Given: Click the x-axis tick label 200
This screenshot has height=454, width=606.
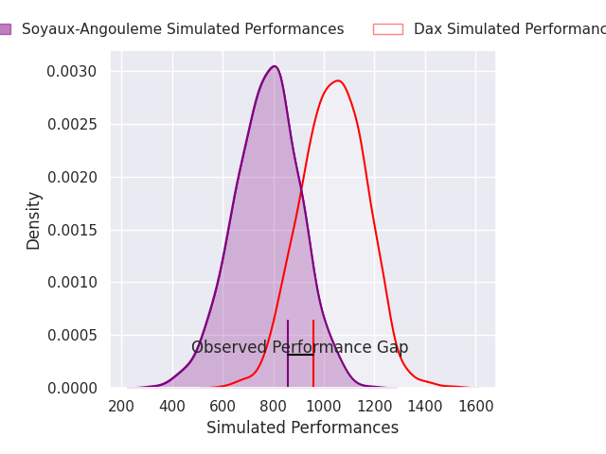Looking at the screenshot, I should tap(121, 406).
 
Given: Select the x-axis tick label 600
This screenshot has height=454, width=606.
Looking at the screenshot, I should tap(223, 406).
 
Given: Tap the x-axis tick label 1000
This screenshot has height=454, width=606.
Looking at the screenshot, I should tap(324, 406).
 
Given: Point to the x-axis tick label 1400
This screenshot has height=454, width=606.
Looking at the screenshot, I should tap(425, 406).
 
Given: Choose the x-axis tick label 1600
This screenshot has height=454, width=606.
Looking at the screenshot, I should tap(475, 406).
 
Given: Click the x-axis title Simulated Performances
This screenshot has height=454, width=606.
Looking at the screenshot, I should tap(302, 428).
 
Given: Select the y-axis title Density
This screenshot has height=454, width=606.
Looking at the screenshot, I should tap(34, 219).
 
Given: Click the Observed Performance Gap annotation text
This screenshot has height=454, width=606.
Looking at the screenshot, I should tap(299, 348).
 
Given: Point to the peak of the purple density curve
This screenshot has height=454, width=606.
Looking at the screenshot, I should tap(275, 66).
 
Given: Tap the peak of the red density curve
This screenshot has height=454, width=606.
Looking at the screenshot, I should tap(337, 80).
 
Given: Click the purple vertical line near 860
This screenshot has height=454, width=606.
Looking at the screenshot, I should tap(288, 369).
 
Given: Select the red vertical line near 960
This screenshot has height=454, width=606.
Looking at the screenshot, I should tap(313, 369).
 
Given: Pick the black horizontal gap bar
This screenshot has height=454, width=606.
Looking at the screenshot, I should tap(300, 355).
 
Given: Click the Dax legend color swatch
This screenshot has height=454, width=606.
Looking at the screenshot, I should tap(387, 29).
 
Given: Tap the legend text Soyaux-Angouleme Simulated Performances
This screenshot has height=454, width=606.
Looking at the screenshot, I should tap(183, 29).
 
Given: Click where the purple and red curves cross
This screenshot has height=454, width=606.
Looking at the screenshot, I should tap(302, 193).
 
